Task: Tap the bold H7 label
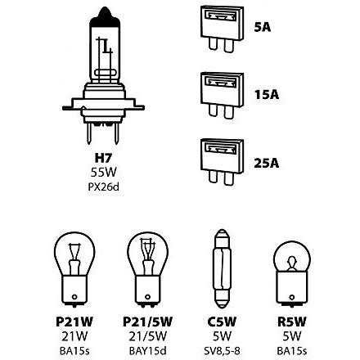103,158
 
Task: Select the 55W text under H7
104,172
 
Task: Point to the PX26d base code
104,187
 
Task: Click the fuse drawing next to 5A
222,29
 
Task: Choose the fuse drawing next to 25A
222,162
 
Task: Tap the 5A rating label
263,27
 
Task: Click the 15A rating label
267,95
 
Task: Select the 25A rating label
267,163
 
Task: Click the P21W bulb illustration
74,268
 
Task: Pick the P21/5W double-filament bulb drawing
147,268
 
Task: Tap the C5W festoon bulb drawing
222,268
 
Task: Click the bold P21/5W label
147,322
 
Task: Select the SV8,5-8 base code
222,351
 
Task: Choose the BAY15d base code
147,351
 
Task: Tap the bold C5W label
222,322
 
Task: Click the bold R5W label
292,322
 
